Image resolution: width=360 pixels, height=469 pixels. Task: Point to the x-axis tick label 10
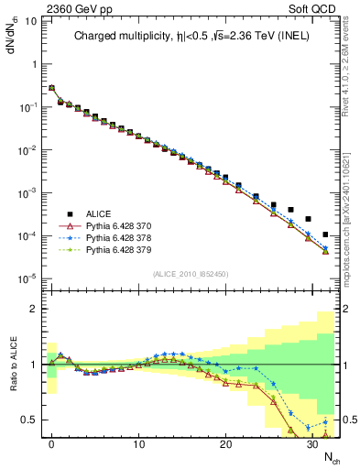tap(138, 444)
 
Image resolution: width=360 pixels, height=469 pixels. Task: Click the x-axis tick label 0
tap(52, 444)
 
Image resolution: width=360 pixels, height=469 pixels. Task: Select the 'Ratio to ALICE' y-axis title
tap(12, 363)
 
